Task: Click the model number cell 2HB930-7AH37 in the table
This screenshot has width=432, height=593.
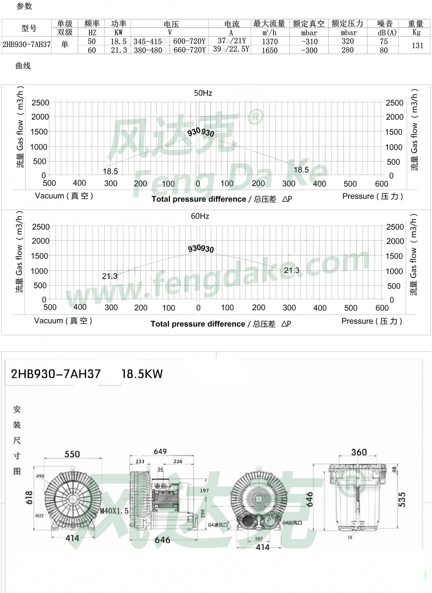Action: (27, 45)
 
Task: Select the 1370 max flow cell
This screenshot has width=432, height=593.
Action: (270, 42)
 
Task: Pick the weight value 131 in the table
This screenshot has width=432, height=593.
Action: (418, 45)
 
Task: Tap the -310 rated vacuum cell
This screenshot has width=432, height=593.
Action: (310, 42)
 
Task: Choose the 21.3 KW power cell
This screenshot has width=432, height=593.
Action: (119, 50)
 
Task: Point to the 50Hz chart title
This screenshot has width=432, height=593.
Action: (203, 93)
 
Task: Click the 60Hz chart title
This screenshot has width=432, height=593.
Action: (200, 216)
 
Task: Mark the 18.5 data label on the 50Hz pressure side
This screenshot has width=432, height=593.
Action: (301, 170)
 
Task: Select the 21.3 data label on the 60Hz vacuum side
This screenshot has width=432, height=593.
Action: (109, 276)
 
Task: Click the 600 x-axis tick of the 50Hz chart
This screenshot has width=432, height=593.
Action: (381, 184)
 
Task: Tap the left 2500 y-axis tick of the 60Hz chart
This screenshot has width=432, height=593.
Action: (41, 227)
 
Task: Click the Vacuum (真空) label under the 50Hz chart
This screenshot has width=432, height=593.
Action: (64, 196)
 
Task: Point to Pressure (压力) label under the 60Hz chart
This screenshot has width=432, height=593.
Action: (372, 321)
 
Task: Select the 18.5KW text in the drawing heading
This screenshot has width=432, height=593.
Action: (142, 374)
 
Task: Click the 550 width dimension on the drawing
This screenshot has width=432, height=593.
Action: (72, 454)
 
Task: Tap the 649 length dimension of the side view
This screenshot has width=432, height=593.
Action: (160, 451)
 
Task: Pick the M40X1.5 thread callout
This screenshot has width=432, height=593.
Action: (114, 511)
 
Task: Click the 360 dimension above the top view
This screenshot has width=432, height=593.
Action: (359, 452)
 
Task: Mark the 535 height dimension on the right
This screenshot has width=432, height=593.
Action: (401, 499)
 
